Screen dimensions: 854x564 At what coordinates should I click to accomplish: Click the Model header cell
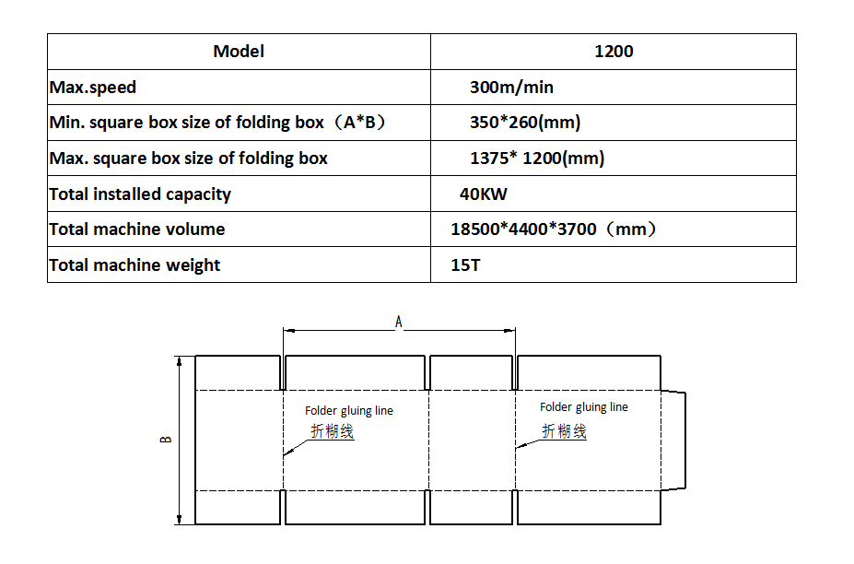pyautogui.click(x=239, y=52)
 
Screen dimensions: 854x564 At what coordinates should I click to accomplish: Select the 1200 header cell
pyautogui.click(x=614, y=52)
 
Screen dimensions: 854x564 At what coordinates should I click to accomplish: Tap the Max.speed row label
pyautogui.click(x=93, y=88)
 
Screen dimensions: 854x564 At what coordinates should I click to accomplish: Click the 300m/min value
pyautogui.click(x=511, y=88)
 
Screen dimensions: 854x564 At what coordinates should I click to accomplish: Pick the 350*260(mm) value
pyautogui.click(x=525, y=122)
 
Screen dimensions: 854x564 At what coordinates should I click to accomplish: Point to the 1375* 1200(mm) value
pyautogui.click(x=537, y=158)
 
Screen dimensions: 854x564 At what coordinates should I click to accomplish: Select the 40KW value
pyautogui.click(x=483, y=194)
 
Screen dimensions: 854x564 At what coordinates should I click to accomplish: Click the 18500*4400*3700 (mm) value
pyautogui.click(x=554, y=229)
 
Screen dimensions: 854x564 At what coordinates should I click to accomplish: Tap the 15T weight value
pyautogui.click(x=465, y=264)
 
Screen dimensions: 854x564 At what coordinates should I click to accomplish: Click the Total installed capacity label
pyautogui.click(x=140, y=194)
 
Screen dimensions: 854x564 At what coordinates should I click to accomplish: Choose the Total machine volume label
pyautogui.click(x=136, y=229)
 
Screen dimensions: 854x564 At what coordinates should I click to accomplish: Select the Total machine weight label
pyautogui.click(x=135, y=264)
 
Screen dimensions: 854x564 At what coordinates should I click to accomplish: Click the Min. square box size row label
pyautogui.click(x=217, y=122)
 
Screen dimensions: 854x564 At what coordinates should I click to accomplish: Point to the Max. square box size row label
pyautogui.click(x=189, y=158)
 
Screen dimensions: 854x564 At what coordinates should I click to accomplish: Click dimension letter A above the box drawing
pyautogui.click(x=399, y=322)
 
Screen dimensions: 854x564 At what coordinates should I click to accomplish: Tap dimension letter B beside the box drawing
pyautogui.click(x=166, y=440)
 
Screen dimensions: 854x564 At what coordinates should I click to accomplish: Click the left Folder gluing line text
pyautogui.click(x=349, y=410)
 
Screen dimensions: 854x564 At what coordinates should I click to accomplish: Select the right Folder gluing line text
pyautogui.click(x=584, y=407)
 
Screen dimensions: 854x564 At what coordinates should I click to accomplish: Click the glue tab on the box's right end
pyautogui.click(x=673, y=441)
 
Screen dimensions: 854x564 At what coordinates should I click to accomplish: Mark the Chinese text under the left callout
pyautogui.click(x=333, y=431)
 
